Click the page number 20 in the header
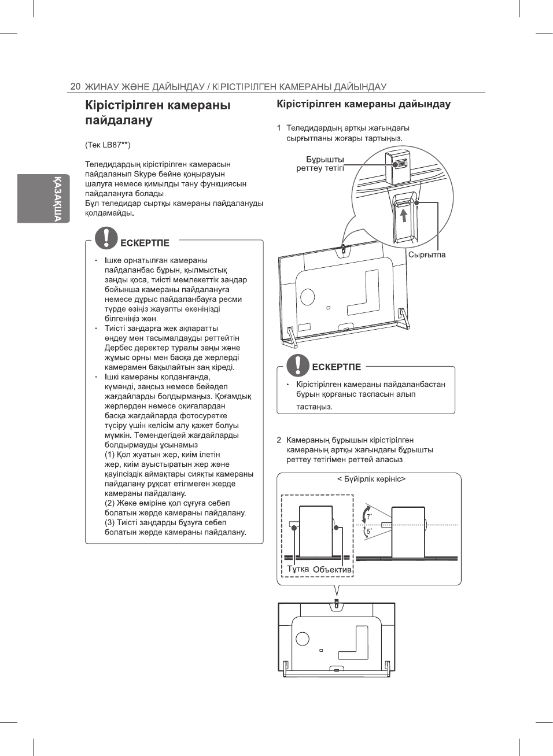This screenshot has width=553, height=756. pyautogui.click(x=75, y=86)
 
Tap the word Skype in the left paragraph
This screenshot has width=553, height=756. pyautogui.click(x=144, y=174)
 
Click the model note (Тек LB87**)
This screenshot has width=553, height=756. pyautogui.click(x=108, y=145)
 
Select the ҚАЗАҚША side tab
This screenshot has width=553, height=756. pyautogui.click(x=57, y=198)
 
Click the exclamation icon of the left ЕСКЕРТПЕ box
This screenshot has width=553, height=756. pyautogui.click(x=106, y=238)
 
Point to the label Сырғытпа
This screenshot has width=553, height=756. pyautogui.click(x=426, y=255)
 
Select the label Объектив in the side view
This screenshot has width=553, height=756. pyautogui.click(x=332, y=569)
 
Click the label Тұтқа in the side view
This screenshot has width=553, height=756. pyautogui.click(x=298, y=569)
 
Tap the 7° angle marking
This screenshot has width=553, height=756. pyautogui.click(x=369, y=516)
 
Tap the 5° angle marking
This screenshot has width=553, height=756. pyautogui.click(x=369, y=530)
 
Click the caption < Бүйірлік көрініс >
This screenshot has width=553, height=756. pyautogui.click(x=371, y=479)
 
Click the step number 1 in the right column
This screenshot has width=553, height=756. pyautogui.click(x=279, y=128)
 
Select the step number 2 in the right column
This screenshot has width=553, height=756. pyautogui.click(x=279, y=440)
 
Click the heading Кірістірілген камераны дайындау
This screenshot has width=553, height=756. pyautogui.click(x=363, y=104)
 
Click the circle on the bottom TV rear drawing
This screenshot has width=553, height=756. pyautogui.click(x=303, y=639)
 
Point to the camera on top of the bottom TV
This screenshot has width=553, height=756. pyautogui.click(x=337, y=603)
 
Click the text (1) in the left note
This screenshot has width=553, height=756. pyautogui.click(x=109, y=455)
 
